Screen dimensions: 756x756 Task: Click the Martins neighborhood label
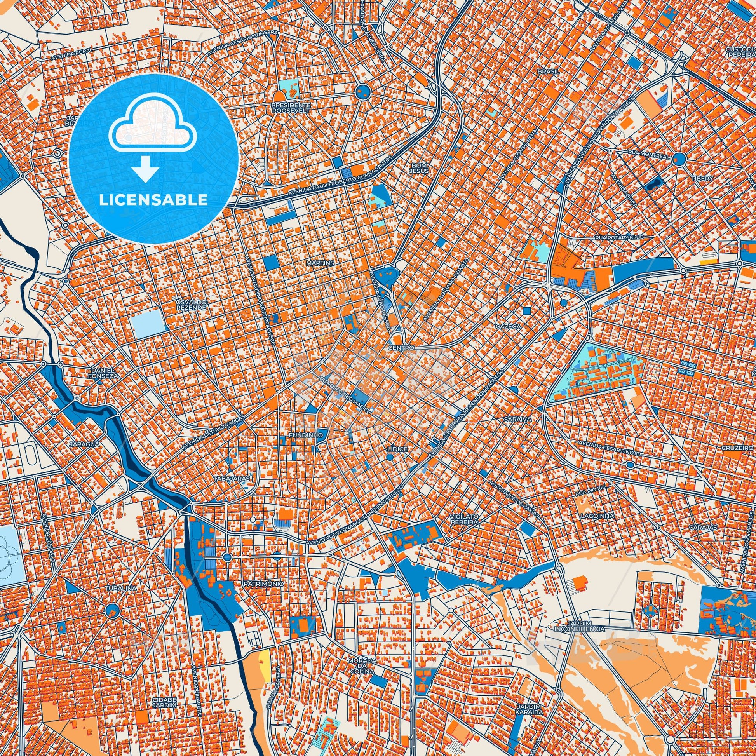pos(321,263)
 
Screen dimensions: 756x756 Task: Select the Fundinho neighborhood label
pos(300,435)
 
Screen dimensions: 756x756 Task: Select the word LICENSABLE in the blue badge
pos(153,200)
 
